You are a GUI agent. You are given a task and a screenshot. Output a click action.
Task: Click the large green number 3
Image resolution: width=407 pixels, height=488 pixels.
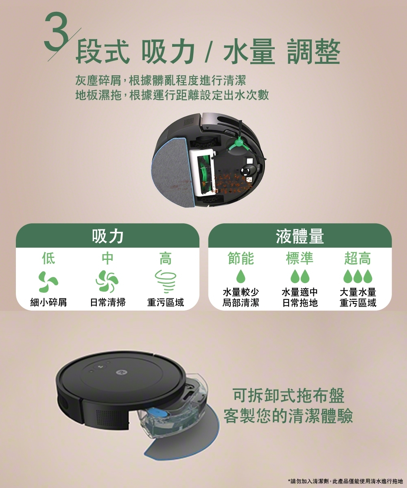pyautogui.click(x=56, y=33)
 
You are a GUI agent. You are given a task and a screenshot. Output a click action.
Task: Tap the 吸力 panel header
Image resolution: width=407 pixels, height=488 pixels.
pyautogui.click(x=107, y=236)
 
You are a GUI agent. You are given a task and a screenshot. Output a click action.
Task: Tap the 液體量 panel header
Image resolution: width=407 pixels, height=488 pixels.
pyautogui.click(x=300, y=236)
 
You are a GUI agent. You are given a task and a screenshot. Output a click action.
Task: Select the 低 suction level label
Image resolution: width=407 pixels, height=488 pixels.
pyautogui.click(x=48, y=258)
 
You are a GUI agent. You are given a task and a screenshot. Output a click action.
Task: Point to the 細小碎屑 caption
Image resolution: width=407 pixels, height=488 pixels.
pyautogui.click(x=48, y=303)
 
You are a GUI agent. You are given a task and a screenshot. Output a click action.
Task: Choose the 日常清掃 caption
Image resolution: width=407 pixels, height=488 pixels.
pyautogui.click(x=107, y=303)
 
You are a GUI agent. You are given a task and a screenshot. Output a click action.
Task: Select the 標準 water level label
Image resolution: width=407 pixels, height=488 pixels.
pyautogui.click(x=300, y=258)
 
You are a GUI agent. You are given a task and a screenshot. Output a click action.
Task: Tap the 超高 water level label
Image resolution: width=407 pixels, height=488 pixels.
pyautogui.click(x=358, y=258)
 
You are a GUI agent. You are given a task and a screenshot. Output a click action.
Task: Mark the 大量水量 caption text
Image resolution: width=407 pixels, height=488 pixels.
pyautogui.click(x=358, y=293)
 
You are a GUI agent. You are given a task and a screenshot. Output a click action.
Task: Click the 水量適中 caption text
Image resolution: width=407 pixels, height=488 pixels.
pyautogui.click(x=300, y=293)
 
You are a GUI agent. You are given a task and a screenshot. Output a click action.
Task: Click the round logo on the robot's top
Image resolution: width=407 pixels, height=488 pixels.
pyautogui.click(x=119, y=372)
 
